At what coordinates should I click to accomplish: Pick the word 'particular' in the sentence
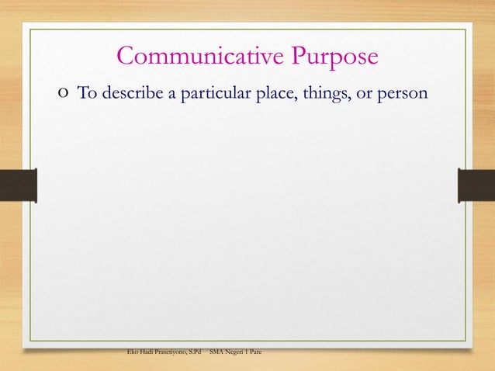click(208, 94)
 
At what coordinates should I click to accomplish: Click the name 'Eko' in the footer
click(133, 352)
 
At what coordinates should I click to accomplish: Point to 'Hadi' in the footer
click(148, 352)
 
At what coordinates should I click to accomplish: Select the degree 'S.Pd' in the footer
click(194, 352)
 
